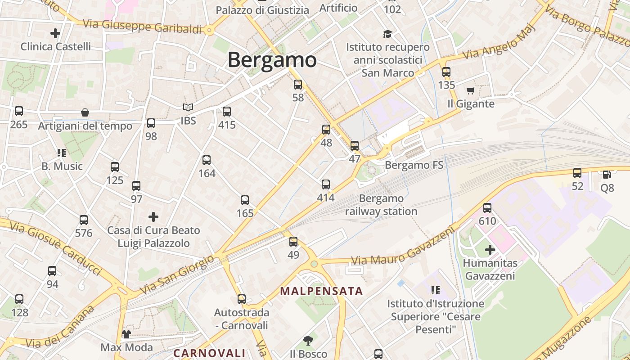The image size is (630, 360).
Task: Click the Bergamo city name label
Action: [272, 60]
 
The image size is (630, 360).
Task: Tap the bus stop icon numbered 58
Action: [297, 85]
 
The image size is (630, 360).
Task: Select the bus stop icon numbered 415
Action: [227, 112]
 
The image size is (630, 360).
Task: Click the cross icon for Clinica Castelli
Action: [55, 33]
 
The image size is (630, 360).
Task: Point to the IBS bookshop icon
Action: [188, 108]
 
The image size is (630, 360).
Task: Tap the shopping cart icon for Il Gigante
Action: [471, 91]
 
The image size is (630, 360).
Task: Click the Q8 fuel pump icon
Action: [607, 174]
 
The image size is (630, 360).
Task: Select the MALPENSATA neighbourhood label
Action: [321, 291]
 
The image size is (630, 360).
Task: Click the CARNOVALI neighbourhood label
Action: [209, 353]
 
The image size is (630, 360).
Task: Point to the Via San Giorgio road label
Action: [177, 274]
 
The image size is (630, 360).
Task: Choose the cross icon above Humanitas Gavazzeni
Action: [490, 249]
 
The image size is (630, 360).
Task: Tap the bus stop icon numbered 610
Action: [487, 208]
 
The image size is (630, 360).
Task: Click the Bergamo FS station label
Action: [414, 166]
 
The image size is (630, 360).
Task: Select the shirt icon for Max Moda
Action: [126, 334]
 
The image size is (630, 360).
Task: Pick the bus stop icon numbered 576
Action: [84, 220]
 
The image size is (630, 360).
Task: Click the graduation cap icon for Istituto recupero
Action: [387, 34]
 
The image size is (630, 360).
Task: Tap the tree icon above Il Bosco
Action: [308, 340]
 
